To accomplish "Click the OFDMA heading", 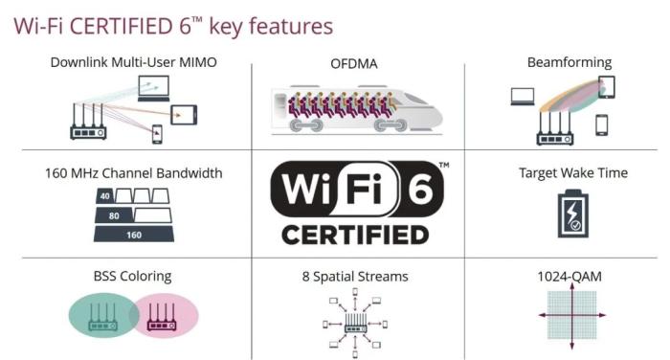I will [355, 64].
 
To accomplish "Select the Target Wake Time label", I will [573, 173].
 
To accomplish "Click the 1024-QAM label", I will [571, 277].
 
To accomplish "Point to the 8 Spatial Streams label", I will [354, 277].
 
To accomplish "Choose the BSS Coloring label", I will [133, 277].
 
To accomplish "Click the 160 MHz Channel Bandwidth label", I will [133, 173].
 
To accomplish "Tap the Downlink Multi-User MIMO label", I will [134, 62].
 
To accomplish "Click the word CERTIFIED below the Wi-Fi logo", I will [355, 235].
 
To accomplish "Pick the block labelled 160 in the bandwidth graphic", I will [134, 235].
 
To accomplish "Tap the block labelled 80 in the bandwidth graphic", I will [114, 216].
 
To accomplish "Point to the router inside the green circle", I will [101, 318].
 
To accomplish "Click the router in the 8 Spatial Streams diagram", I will [355, 322].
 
